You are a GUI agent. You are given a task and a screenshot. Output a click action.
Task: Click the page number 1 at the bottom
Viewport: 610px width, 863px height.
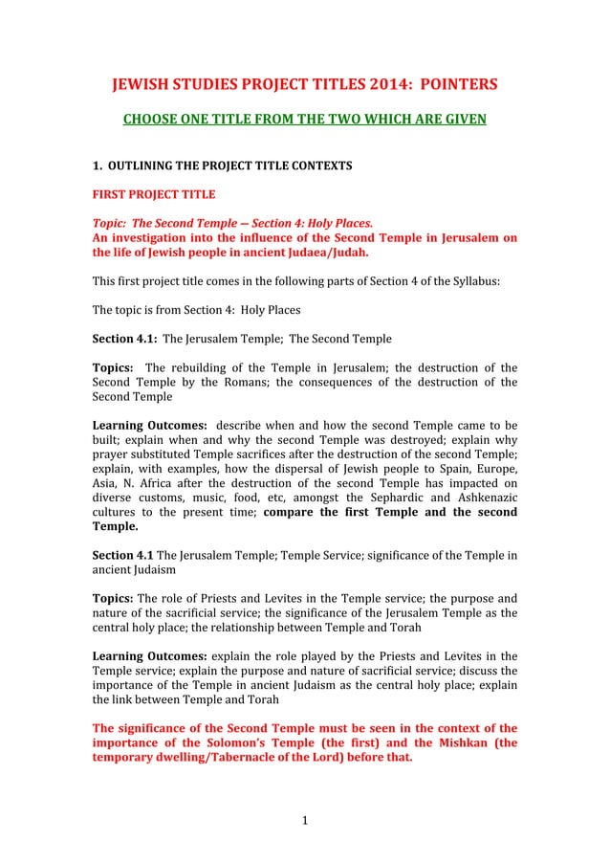[304, 819]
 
